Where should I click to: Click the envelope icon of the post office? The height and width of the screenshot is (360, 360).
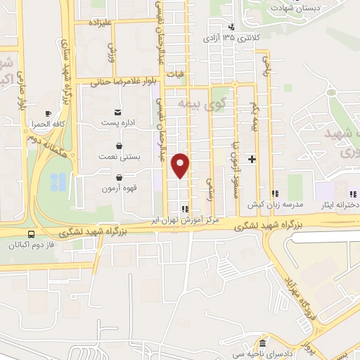click(x=117, y=112)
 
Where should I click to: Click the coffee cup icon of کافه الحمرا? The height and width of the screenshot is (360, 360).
click(x=48, y=113)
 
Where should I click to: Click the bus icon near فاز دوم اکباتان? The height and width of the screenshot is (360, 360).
click(x=31, y=235)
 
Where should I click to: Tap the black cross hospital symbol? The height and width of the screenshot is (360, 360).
click(x=252, y=160)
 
